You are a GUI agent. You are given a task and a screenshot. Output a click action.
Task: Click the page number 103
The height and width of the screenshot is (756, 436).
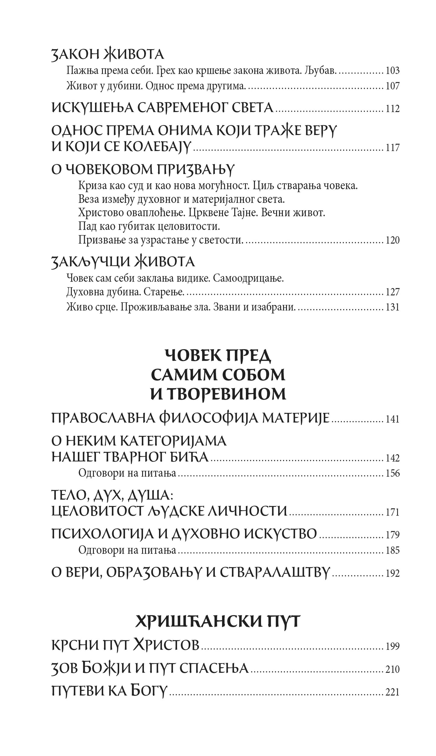[x=393, y=71]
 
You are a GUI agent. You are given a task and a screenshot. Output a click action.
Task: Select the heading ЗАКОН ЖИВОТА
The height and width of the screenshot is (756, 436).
[x=108, y=55]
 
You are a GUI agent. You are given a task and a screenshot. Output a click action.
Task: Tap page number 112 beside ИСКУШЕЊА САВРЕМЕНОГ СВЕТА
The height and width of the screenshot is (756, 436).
[x=393, y=109]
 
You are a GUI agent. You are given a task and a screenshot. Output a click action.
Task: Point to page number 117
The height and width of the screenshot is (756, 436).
[x=393, y=148]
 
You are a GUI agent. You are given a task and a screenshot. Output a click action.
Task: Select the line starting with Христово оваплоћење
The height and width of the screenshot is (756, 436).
[x=202, y=213]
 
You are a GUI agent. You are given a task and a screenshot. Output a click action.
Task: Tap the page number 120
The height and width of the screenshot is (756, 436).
[x=393, y=240]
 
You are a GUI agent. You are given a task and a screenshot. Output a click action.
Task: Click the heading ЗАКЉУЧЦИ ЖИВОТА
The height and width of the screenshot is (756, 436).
[x=123, y=262]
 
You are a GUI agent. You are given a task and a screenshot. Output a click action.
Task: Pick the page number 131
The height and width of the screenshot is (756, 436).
[x=393, y=307]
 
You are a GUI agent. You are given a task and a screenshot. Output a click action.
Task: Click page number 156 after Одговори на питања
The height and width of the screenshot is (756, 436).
[x=393, y=473]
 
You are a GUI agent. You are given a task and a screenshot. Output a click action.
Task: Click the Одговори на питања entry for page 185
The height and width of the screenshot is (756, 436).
[x=127, y=550]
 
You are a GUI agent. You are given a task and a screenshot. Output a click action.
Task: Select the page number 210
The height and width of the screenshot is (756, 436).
[x=393, y=669]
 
